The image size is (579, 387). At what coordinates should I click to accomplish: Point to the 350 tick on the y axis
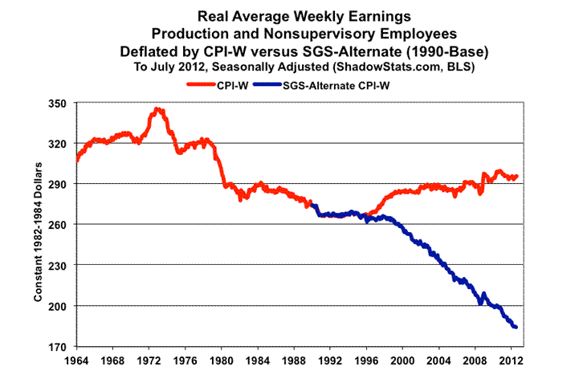click(62, 104)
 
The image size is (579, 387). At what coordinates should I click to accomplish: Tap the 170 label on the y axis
click(62, 347)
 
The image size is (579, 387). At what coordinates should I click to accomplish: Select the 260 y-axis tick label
click(62, 225)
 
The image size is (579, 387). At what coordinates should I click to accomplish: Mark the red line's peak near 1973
click(157, 109)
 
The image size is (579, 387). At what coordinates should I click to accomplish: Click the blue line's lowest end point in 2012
click(516, 327)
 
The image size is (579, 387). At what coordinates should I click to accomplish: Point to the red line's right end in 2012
click(516, 177)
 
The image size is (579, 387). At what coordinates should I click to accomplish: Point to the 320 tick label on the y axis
click(62, 144)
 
